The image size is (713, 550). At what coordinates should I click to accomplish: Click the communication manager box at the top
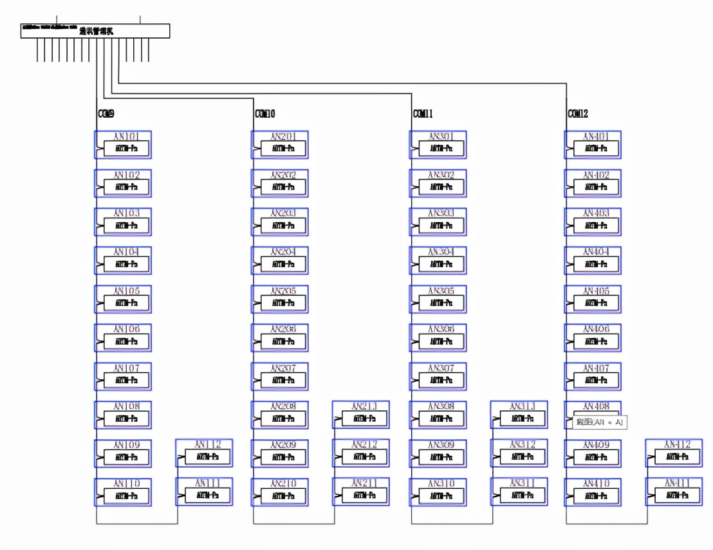pyautogui.click(x=95, y=31)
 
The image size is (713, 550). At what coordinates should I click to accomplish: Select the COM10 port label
pyautogui.click(x=265, y=114)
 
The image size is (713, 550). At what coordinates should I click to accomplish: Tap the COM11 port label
pyautogui.click(x=423, y=114)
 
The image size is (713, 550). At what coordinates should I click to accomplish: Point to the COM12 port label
pyautogui.click(x=578, y=114)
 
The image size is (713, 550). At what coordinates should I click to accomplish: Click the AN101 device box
pyautogui.click(x=123, y=145)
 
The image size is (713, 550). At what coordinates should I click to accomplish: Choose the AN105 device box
pyautogui.click(x=123, y=299)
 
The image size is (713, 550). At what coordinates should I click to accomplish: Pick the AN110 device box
pyautogui.click(x=123, y=492)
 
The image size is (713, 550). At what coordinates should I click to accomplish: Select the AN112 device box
pyautogui.click(x=204, y=453)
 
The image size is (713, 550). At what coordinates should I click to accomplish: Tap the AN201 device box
pyautogui.click(x=280, y=145)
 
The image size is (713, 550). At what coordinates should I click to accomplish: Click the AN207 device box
pyautogui.click(x=280, y=377)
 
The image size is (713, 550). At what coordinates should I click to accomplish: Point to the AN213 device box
pyautogui.click(x=361, y=415)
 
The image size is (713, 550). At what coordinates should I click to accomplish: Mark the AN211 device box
pyautogui.click(x=361, y=492)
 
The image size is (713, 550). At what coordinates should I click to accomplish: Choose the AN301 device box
pyautogui.click(x=438, y=145)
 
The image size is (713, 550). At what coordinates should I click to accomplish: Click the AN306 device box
pyautogui.click(x=438, y=338)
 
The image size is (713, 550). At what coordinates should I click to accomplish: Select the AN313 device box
pyautogui.click(x=519, y=415)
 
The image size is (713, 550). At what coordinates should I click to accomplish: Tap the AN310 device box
pyautogui.click(x=438, y=492)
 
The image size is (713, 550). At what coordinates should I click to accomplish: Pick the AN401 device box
pyautogui.click(x=593, y=145)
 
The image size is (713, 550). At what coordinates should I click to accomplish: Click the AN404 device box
pyautogui.click(x=593, y=261)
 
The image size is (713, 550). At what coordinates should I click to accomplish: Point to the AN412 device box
pyautogui.click(x=674, y=453)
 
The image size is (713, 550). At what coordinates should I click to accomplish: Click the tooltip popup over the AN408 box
pyautogui.click(x=599, y=422)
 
